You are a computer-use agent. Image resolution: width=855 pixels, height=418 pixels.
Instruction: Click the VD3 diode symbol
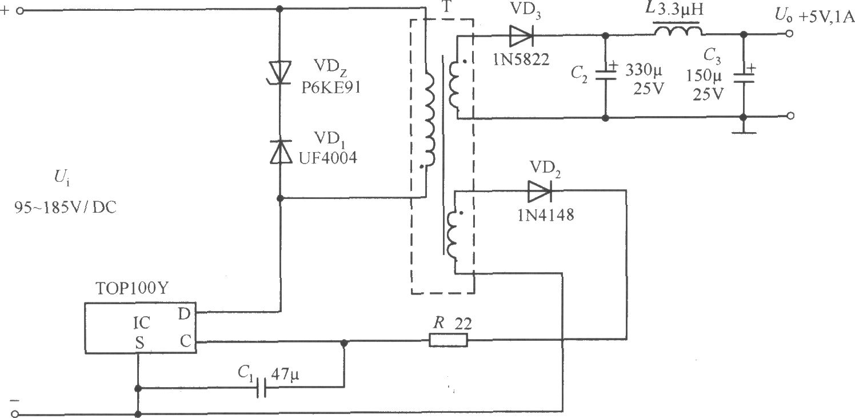coord(521,36)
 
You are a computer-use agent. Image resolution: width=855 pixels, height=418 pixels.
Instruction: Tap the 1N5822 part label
coord(521,59)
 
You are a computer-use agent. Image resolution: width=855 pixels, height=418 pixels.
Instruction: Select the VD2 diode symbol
coord(540,191)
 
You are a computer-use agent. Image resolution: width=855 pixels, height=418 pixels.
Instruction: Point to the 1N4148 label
coord(545,215)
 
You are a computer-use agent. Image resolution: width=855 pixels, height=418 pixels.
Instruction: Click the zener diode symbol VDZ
coord(280,73)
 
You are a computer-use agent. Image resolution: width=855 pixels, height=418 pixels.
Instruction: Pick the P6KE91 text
coord(331,88)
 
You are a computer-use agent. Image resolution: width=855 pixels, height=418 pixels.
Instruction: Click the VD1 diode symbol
coord(281,152)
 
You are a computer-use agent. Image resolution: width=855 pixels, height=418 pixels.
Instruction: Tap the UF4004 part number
coord(328,158)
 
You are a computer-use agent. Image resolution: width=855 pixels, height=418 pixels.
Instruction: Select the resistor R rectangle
coord(448,340)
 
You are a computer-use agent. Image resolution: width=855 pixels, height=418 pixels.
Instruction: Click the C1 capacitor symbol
coord(261,388)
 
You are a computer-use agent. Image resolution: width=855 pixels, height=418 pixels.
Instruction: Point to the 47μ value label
coord(285,375)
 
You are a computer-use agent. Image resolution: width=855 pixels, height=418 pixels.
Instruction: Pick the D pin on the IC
coord(184,314)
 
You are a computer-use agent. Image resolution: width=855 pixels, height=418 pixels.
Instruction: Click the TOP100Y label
coord(131,288)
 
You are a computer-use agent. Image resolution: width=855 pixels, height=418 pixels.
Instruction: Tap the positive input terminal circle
coord(20,11)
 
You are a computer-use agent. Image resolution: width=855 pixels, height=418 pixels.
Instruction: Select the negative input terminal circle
coord(15,413)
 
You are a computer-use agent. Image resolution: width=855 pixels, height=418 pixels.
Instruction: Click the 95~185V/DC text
coord(65,207)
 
